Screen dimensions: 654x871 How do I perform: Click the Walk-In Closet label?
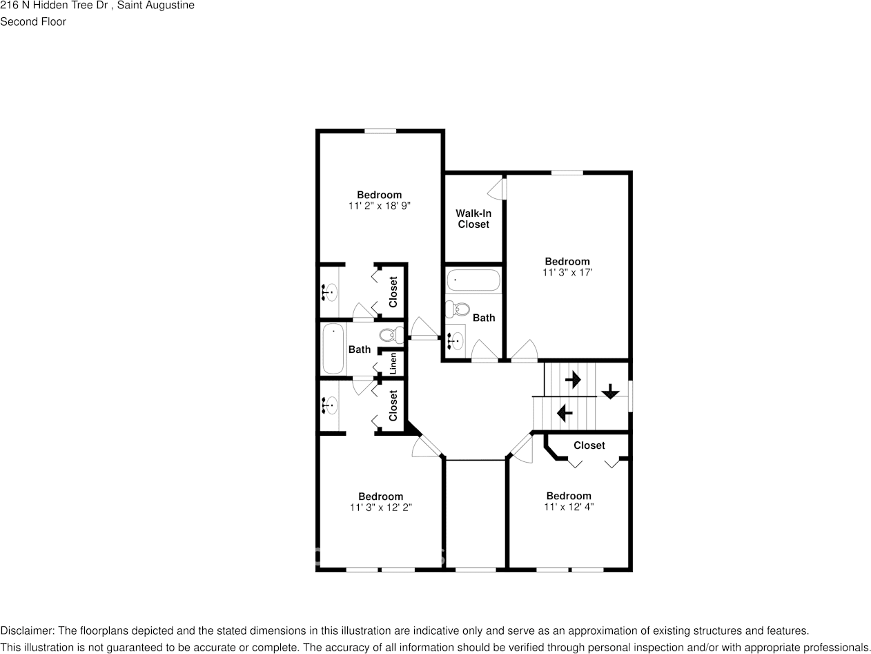pos(473,219)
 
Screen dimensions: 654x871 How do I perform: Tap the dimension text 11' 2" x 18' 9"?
pos(380,206)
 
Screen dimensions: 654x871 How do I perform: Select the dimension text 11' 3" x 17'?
pos(567,272)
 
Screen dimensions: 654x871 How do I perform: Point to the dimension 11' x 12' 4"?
pos(569,506)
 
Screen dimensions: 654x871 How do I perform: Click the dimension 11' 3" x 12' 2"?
pos(380,507)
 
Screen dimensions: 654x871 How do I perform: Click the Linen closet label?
pos(393,363)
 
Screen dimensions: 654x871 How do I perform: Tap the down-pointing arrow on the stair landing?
pos(610,392)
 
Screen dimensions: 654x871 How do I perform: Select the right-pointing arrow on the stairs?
pos(573,379)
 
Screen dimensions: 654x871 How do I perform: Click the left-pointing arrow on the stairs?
pos(565,413)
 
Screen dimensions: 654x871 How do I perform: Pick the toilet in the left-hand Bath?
pos(392,336)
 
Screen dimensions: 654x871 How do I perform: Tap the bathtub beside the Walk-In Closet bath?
pos(473,280)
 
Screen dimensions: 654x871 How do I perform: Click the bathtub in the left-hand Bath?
pos(333,349)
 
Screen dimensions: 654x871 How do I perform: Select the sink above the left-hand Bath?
pos(329,292)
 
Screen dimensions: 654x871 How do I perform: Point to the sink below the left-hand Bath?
pos(329,405)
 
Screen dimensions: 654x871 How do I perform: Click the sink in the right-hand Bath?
pos(455,340)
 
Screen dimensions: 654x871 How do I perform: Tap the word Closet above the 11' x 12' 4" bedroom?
pos(589,445)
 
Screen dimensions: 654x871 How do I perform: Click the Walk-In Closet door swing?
pos(497,188)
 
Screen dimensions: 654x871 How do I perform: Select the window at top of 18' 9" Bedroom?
pos(380,131)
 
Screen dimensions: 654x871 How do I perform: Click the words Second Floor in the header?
pos(33,21)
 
